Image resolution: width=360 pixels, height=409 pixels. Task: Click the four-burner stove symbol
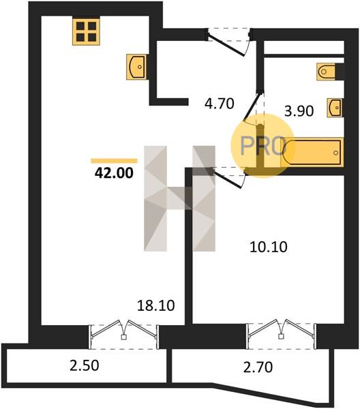pos(86,32)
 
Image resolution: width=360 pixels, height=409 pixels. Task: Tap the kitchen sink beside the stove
pos(136,67)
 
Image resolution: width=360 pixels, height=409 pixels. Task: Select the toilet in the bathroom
pos(327,72)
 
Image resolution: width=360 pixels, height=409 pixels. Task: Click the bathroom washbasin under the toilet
pos(335,108)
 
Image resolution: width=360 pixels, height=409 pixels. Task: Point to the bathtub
pos(312,152)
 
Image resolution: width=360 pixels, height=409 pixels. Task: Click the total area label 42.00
pos(114,172)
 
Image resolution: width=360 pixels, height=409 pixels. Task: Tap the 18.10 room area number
pos(155,305)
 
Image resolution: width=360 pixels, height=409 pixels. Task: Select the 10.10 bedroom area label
pos(269,247)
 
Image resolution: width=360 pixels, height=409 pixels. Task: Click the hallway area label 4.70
pos(220,104)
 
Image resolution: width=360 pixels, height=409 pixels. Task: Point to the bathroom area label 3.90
pos(299,111)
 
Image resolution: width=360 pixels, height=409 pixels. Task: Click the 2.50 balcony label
pos(85,365)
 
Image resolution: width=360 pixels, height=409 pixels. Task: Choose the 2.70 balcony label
pos(258,367)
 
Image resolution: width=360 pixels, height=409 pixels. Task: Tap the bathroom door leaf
pos(252,107)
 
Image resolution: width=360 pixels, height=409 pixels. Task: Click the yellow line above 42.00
pos(114,161)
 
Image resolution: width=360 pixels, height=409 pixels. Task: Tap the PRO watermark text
pos(262,146)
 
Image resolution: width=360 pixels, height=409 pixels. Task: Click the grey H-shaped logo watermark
pos(180,198)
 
